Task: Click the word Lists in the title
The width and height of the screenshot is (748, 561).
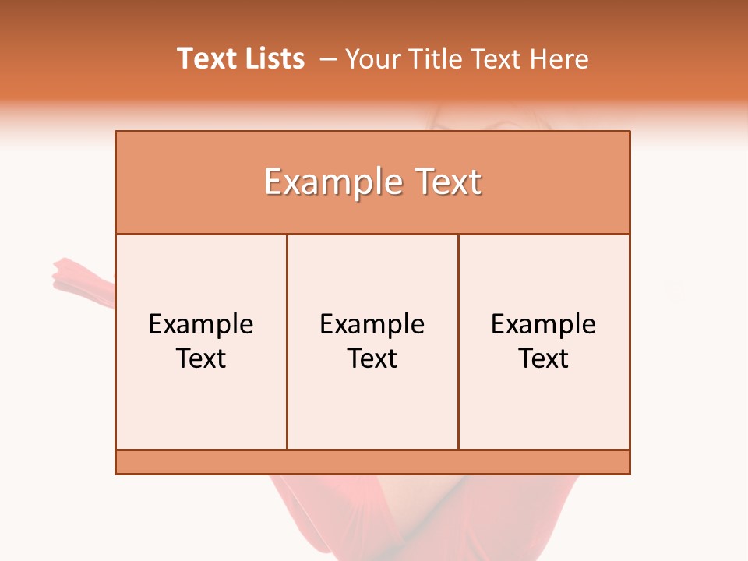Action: click(x=273, y=58)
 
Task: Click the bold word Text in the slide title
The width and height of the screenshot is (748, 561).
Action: click(x=205, y=58)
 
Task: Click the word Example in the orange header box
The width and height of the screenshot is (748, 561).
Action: click(x=330, y=182)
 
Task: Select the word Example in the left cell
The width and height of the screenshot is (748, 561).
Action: click(x=201, y=324)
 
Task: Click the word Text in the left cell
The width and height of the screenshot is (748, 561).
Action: click(x=201, y=358)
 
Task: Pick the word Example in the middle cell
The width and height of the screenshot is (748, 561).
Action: click(x=372, y=324)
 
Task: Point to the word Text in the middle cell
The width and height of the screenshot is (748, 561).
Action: click(x=372, y=358)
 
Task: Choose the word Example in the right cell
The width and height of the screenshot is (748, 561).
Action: click(x=544, y=324)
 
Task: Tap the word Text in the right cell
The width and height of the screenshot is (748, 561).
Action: click(x=544, y=358)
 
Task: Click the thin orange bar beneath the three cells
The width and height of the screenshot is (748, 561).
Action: click(x=372, y=462)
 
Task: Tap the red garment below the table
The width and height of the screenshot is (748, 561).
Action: click(x=327, y=514)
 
